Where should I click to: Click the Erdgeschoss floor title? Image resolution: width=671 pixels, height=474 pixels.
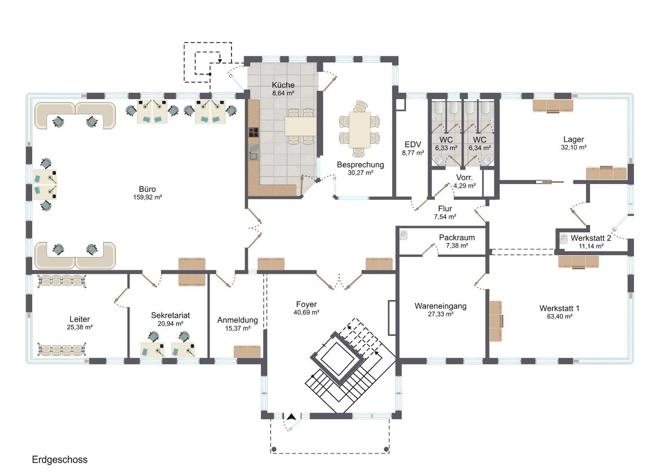(60, 460)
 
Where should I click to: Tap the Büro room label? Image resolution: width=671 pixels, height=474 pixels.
(148, 189)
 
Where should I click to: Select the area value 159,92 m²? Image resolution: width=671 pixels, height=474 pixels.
(148, 197)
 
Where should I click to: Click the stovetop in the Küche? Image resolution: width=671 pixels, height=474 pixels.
(253, 133)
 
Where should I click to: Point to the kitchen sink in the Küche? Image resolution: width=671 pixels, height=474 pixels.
(253, 152)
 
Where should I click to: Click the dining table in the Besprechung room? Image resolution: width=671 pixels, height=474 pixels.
(360, 129)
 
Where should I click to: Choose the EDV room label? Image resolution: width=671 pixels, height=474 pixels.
(413, 145)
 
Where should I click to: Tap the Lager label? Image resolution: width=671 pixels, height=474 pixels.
(574, 139)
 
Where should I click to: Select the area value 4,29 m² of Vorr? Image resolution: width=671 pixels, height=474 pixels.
(464, 186)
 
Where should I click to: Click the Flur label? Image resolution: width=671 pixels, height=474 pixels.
(445, 208)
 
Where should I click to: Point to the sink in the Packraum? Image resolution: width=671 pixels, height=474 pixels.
(404, 235)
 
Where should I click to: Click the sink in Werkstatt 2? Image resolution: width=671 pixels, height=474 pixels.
(563, 239)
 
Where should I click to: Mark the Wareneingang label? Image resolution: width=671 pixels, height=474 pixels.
(440, 306)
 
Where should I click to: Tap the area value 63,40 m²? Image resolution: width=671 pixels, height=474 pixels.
(559, 316)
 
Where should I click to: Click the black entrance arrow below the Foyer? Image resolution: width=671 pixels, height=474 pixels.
(292, 417)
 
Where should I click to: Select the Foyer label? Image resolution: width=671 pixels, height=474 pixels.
(306, 304)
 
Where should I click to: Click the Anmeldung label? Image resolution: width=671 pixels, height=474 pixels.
(238, 320)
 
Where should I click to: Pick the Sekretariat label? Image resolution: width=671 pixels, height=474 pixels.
(170, 315)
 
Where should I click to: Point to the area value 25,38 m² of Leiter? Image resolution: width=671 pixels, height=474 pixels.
(79, 327)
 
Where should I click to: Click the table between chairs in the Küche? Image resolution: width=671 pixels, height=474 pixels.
(300, 126)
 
